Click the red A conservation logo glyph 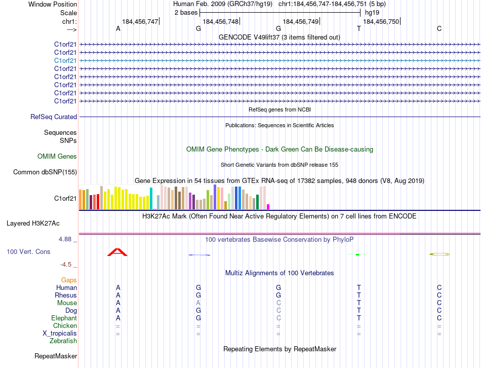tap(117, 252)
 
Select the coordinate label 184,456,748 tap(220, 21)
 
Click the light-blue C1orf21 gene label tap(65, 60)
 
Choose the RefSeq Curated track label tap(54, 117)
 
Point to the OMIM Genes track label tap(57, 157)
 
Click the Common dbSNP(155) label tap(45, 172)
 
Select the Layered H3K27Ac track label tap(33, 223)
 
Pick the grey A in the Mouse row tap(198, 303)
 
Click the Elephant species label tap(64, 318)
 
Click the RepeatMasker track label tap(56, 356)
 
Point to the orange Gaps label tap(69, 280)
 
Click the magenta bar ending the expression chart tap(268, 206)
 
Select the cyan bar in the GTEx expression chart tap(151, 198)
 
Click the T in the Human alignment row tap(358, 287)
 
